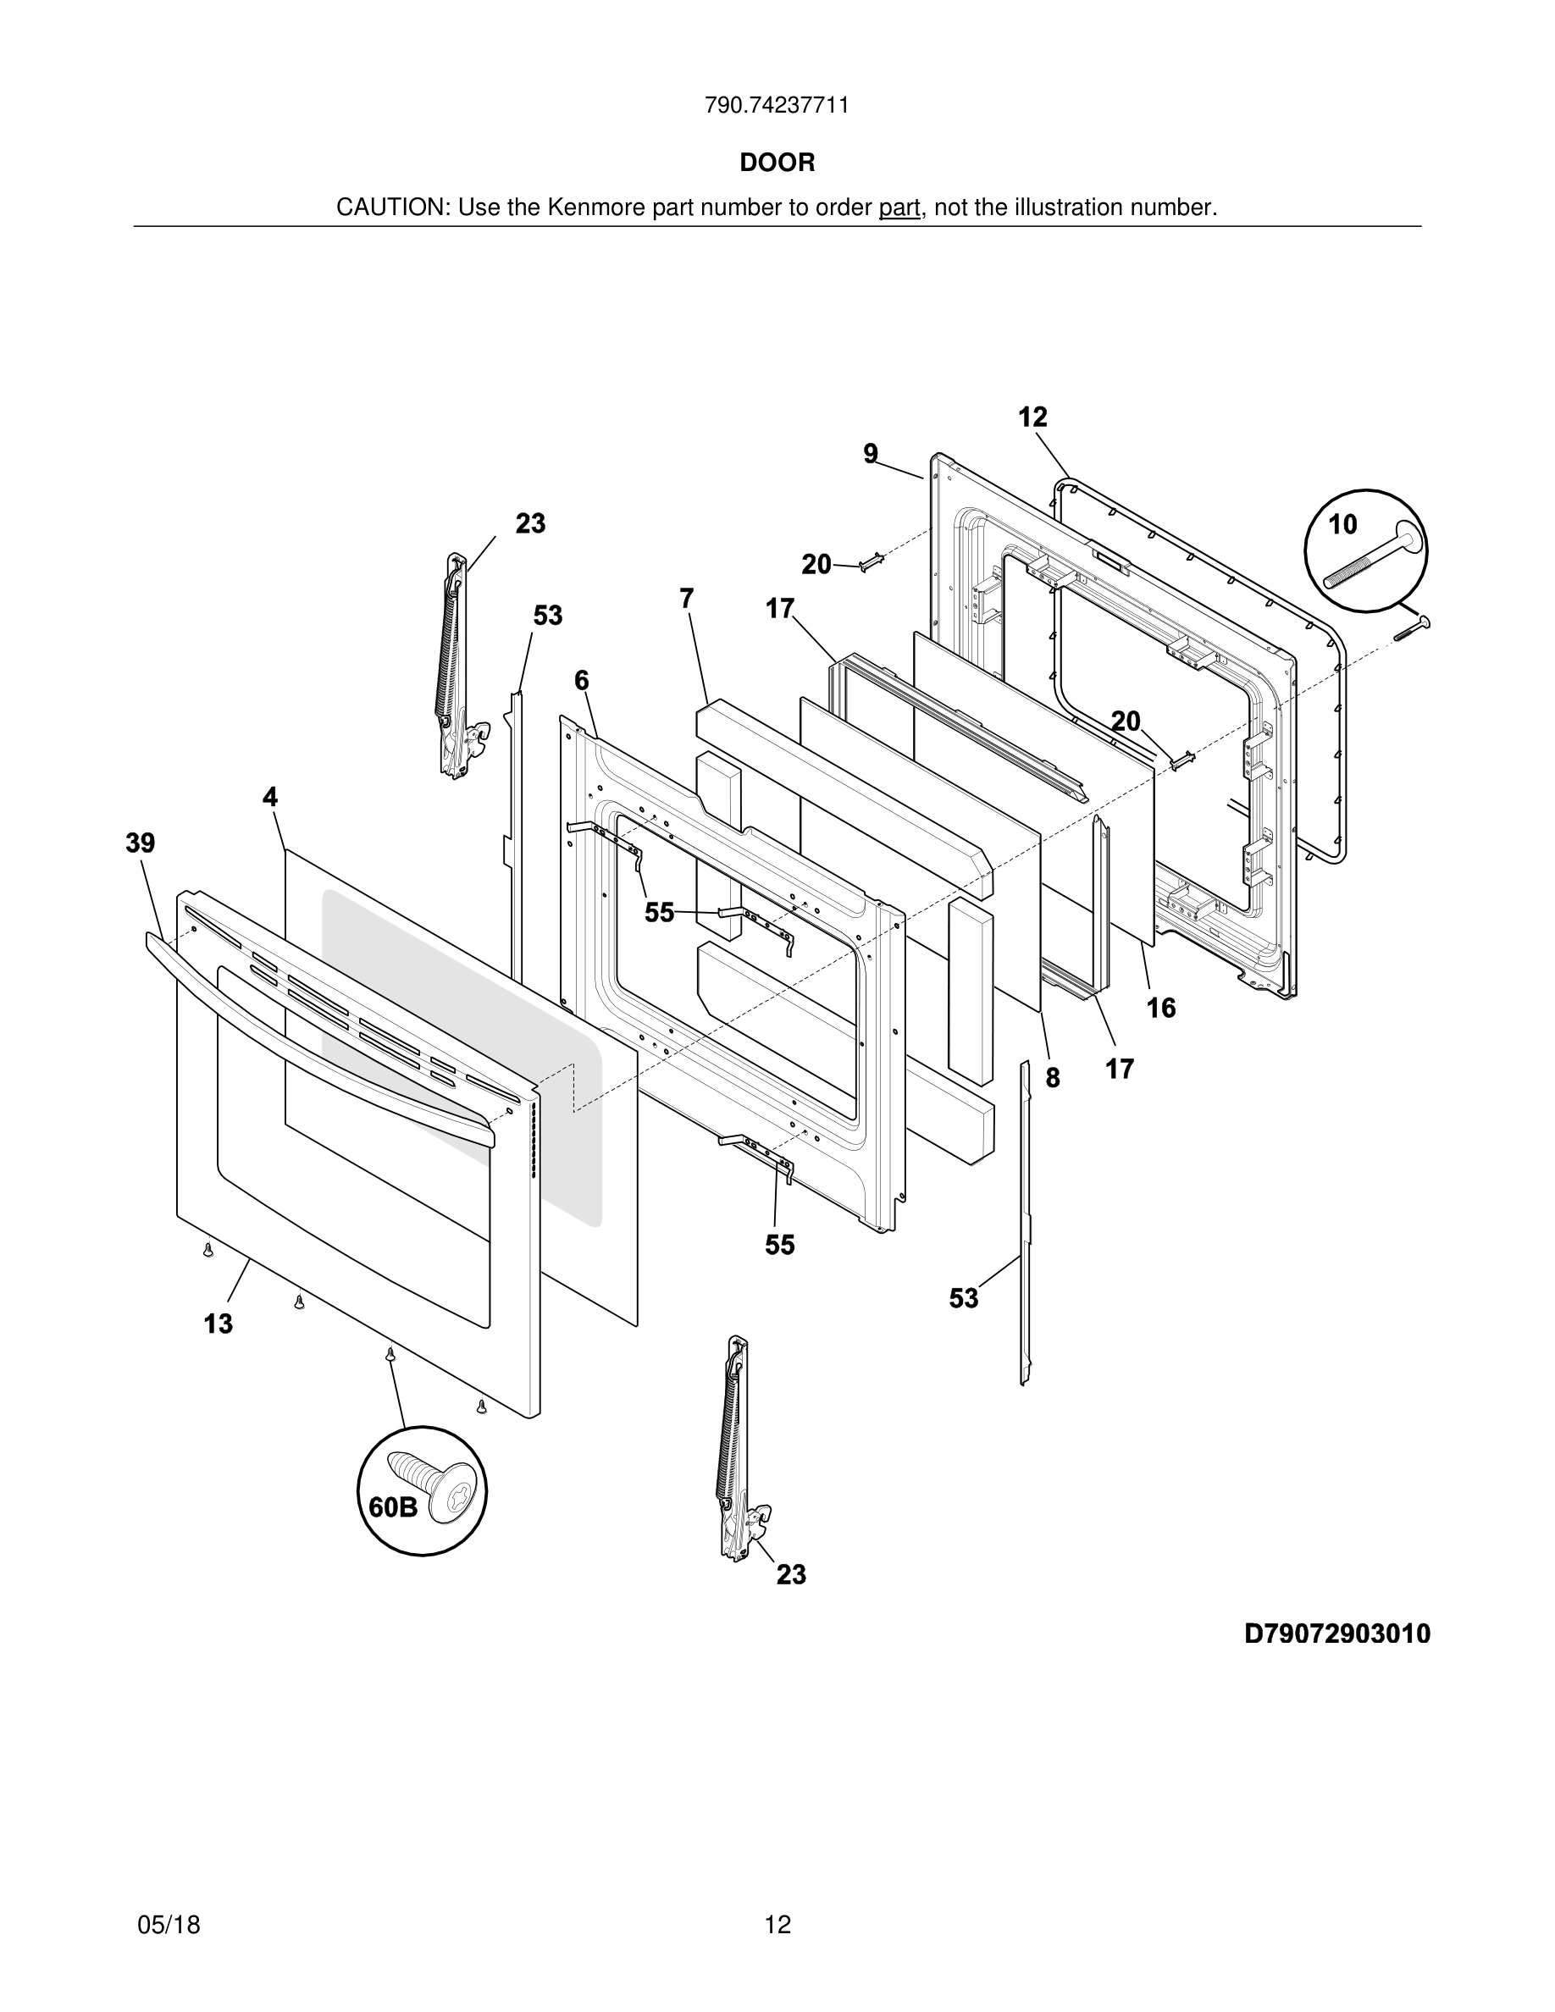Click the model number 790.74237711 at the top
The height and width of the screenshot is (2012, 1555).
[x=777, y=106]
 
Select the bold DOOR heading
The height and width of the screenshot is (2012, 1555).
[x=777, y=163]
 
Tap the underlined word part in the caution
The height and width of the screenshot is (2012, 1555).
[x=899, y=208]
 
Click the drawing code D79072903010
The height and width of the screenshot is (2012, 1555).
[x=1336, y=1633]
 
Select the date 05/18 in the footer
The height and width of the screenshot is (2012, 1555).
[x=169, y=1925]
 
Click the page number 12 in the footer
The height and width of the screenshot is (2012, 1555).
[x=777, y=1925]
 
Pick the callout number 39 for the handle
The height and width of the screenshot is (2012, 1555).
[x=140, y=843]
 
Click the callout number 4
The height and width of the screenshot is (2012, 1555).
[x=270, y=797]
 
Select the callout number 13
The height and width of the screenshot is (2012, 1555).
[x=219, y=1324]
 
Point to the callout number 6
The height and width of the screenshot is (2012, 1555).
[x=581, y=681]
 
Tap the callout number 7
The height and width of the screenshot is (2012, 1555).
[x=686, y=599]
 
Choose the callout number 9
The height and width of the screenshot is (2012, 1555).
[x=871, y=453]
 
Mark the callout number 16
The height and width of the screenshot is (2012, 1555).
[x=1160, y=1008]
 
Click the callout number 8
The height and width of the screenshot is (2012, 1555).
[x=1052, y=1077]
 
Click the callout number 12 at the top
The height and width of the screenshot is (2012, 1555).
[x=1032, y=417]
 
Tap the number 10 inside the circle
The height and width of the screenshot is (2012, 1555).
[x=1342, y=524]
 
